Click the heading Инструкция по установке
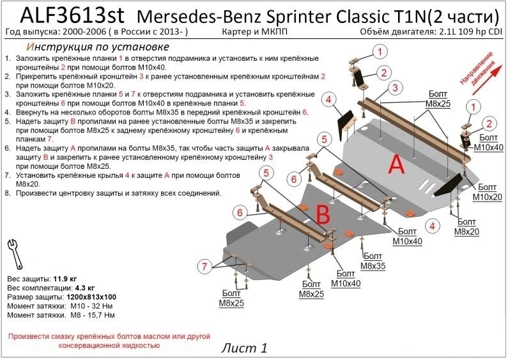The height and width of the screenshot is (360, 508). tap(97, 47)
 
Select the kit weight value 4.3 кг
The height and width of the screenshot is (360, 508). tap(88, 289)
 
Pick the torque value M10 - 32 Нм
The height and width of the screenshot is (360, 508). tap(91, 307)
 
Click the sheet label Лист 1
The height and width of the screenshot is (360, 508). tap(244, 348)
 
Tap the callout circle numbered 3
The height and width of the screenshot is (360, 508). tap(396, 88)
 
